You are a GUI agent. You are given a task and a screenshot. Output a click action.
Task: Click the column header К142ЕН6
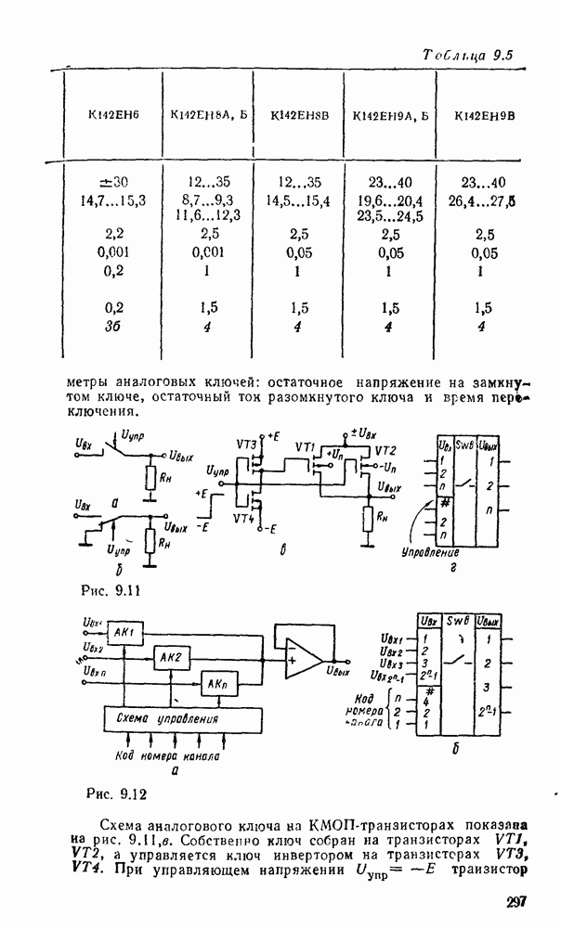pos(111,116)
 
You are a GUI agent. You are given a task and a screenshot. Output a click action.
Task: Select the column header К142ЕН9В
pos(484,116)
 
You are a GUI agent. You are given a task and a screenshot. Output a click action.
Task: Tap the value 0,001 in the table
pos(112,251)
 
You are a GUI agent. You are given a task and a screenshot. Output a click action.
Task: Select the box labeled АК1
pos(124,632)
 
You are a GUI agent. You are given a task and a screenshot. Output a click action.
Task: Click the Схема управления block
pos(163,719)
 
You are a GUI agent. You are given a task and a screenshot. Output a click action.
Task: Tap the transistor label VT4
pos(245,518)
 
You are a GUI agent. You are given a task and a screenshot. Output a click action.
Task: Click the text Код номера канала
pos(167,756)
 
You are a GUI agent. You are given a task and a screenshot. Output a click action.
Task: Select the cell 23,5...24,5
pos(389,215)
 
